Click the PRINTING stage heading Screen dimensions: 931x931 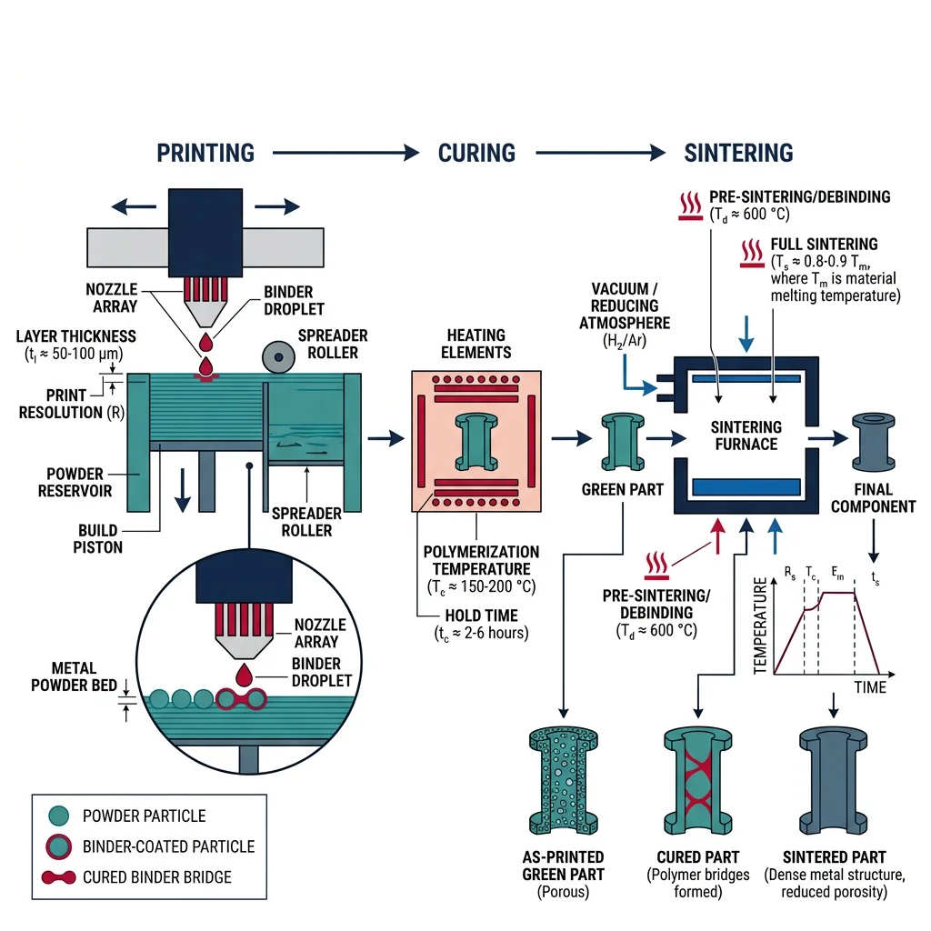(x=205, y=152)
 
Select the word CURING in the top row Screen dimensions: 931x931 (x=476, y=152)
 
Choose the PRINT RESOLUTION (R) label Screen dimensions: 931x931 (x=61, y=404)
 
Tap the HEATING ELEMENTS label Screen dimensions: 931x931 (x=476, y=344)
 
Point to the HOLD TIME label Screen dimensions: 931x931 (x=481, y=616)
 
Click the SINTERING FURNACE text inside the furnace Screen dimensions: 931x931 (x=745, y=435)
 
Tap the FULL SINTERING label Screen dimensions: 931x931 (x=824, y=245)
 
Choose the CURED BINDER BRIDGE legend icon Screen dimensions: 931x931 (x=56, y=877)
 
